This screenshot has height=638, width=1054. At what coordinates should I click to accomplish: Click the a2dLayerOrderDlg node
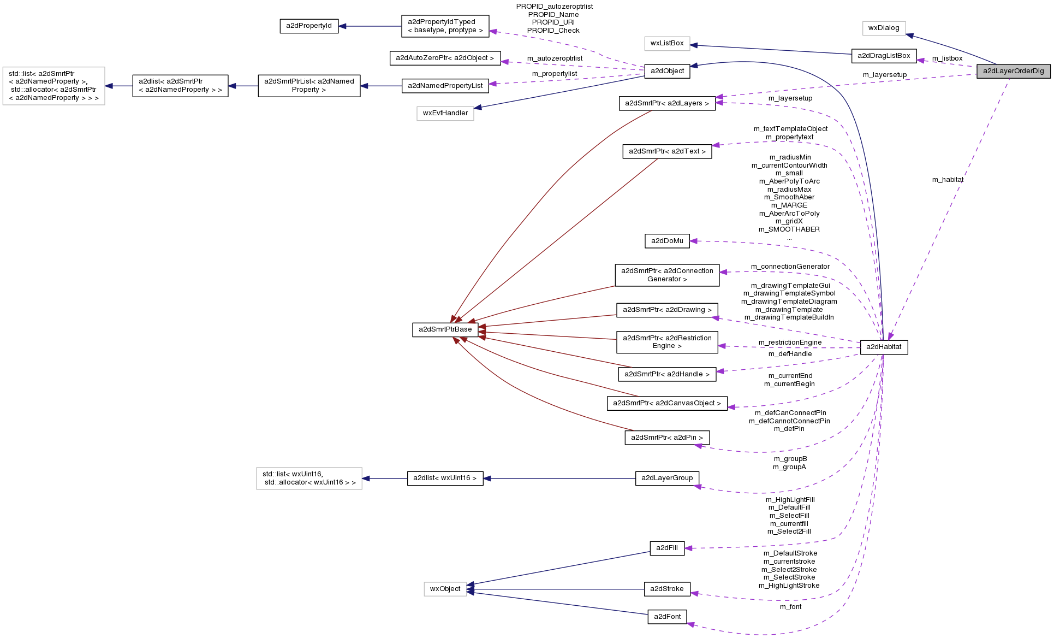coord(1013,71)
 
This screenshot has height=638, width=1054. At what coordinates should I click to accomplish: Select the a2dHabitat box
coord(884,347)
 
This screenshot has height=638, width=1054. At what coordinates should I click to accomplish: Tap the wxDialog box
coord(884,28)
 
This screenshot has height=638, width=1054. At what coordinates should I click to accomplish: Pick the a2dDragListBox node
coord(884,56)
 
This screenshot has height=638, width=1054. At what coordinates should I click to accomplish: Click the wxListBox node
coord(666,43)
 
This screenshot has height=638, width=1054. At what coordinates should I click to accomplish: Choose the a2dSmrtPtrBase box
coord(445,329)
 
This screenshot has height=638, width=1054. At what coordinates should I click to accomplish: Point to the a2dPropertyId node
coord(309,26)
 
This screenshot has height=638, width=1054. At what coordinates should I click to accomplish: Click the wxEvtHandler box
coord(445,113)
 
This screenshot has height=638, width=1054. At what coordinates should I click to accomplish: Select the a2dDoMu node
coord(666,241)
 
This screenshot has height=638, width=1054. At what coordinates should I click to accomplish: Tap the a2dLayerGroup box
coord(666,478)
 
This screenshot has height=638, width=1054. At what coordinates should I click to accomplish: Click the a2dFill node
coord(666,548)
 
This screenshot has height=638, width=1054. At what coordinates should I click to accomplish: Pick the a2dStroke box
coord(666,589)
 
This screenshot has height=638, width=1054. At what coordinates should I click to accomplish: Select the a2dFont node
coord(666,617)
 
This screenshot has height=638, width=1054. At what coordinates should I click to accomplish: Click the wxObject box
coord(445,589)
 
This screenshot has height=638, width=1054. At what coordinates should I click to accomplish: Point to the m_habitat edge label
coord(948,180)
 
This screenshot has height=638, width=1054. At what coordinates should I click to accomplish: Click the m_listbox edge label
coord(947,58)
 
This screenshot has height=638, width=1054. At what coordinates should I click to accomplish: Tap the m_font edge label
coord(790,607)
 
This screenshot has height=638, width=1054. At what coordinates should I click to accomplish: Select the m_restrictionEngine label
coord(790,342)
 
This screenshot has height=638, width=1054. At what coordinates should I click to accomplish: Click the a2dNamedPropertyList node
coord(445,86)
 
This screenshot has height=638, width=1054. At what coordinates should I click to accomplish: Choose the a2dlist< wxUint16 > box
coord(445,478)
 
